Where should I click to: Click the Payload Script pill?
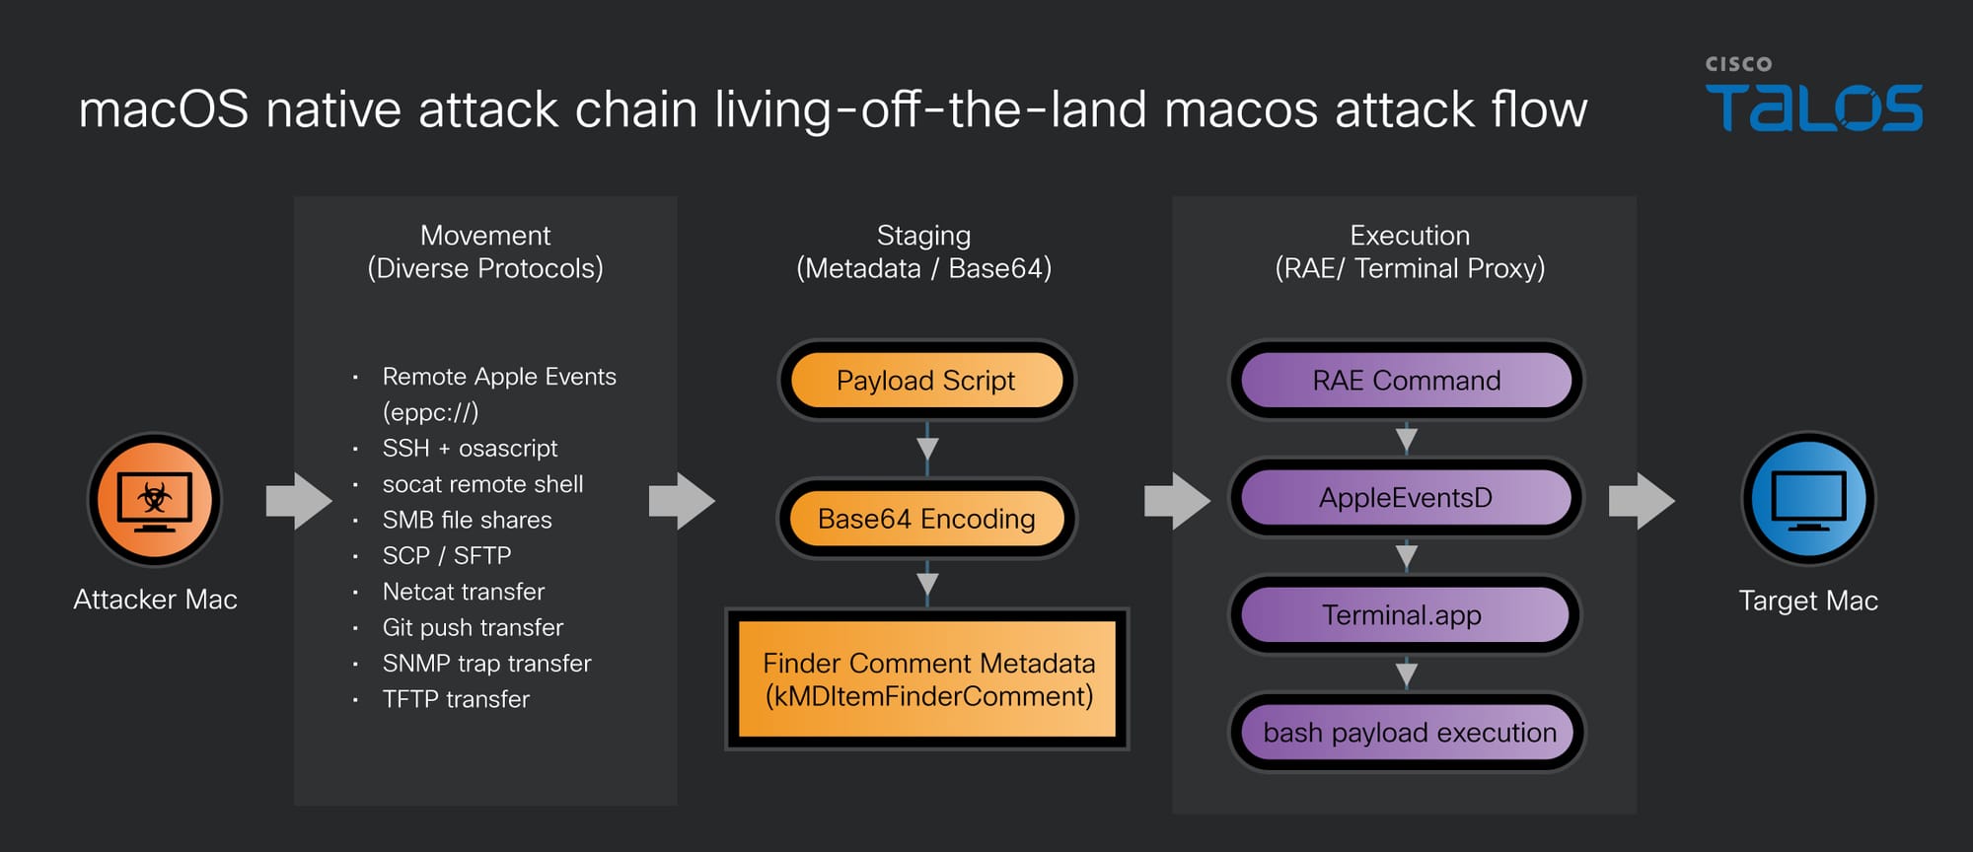pos(926,381)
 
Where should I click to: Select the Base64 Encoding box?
pos(926,519)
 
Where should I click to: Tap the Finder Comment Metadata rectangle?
pos(927,679)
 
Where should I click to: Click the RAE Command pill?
pos(1406,381)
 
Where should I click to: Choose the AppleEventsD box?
pos(1406,498)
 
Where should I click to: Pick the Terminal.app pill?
pos(1403,615)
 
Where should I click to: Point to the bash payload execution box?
pos(1408,733)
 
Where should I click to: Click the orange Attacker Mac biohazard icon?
pos(155,499)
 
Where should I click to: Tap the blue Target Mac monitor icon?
pos(1808,499)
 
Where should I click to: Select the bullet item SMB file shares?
pos(467,520)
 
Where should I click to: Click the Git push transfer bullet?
pos(473,627)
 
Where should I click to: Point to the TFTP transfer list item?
pos(456,699)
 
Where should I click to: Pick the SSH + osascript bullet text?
pos(470,449)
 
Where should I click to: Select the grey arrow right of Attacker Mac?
pos(299,501)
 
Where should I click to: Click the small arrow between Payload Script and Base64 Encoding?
pos(927,449)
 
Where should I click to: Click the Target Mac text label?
pos(1808,601)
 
